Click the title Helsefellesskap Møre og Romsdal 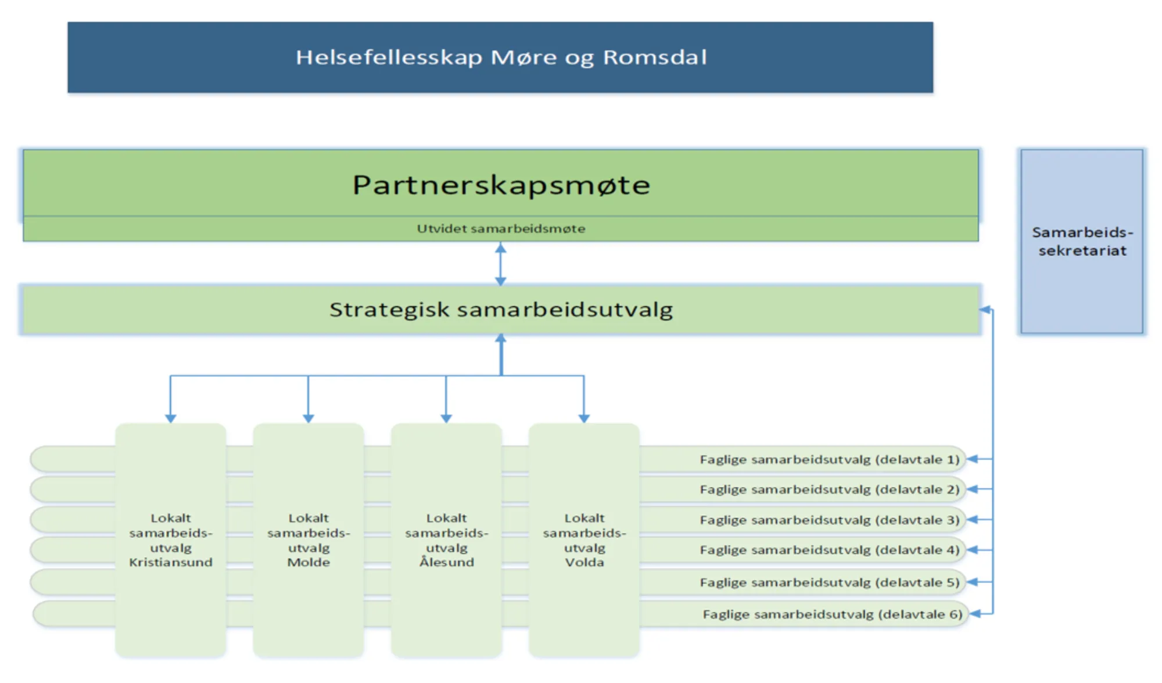[x=501, y=58]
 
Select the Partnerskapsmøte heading [x=501, y=185]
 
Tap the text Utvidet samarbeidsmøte [x=501, y=228]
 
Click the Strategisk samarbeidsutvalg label [x=501, y=309]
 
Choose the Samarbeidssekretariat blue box [x=1082, y=241]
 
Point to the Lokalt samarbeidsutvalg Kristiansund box [x=170, y=540]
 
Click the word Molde [x=309, y=562]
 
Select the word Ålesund [x=447, y=562]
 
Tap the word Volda [x=584, y=562]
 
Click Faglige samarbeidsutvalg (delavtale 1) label [x=830, y=459]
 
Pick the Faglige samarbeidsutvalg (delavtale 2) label [x=830, y=489]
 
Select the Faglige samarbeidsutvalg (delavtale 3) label [x=830, y=520]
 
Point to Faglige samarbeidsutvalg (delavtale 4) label [x=830, y=550]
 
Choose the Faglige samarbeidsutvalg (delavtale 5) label [x=830, y=582]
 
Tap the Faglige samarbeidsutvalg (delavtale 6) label [x=833, y=614]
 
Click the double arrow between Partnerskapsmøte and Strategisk [x=501, y=264]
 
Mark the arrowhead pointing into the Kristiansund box [x=170, y=419]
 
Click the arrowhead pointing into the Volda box [x=584, y=419]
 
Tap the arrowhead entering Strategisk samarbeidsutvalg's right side [x=985, y=310]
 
